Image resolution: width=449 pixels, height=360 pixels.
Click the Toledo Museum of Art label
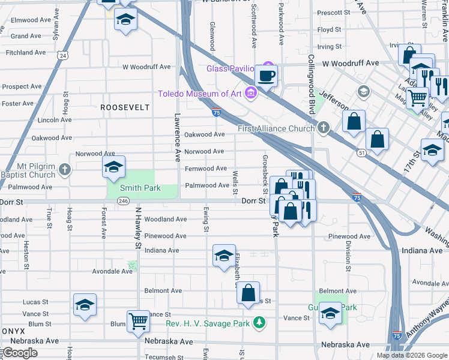point(199,93)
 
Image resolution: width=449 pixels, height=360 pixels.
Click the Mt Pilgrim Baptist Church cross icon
point(65,170)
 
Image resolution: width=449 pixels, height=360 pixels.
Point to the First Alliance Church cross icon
point(324,127)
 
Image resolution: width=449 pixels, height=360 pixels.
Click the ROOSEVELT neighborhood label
point(124,107)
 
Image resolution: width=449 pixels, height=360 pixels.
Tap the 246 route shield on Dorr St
point(124,201)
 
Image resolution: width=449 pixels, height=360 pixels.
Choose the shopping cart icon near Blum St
point(138,322)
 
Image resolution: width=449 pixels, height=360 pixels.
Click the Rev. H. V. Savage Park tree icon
point(259,323)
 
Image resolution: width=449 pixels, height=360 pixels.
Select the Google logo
point(19,353)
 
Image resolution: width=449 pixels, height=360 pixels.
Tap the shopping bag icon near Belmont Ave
point(248,293)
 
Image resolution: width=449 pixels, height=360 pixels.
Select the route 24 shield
point(63,55)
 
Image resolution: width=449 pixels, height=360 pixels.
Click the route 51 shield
point(361,153)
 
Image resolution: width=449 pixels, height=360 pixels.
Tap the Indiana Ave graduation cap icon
point(223,256)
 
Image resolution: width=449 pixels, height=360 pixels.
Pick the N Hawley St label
point(137,229)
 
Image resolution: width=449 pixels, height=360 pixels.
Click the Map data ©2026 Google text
point(412,355)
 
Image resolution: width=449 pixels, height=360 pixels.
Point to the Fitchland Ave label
point(26,53)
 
